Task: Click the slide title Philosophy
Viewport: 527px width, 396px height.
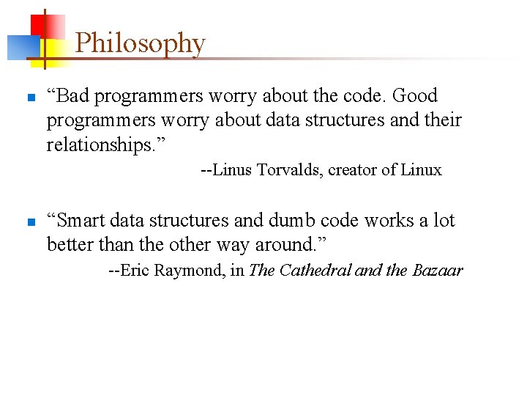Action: (140, 43)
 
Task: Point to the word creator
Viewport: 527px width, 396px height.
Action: (354, 170)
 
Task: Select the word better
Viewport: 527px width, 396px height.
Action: (69, 244)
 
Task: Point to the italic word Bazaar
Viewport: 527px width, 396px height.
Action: (438, 271)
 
